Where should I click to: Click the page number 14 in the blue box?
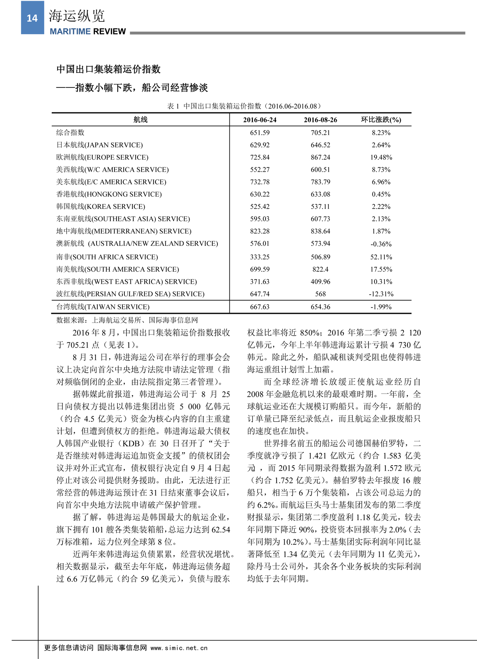pos(32,18)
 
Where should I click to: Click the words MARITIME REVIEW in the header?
pos(88,31)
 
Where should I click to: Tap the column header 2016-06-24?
pos(260,120)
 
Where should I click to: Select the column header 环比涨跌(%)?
pos(381,120)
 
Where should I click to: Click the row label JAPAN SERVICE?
pos(99,145)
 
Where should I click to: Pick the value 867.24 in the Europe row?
pos(320,157)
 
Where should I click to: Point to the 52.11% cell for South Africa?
pos(381,257)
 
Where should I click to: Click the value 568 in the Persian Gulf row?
pos(320,294)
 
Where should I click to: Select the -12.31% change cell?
pos(381,294)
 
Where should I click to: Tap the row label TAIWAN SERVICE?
pos(103,307)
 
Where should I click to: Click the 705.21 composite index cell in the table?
pos(320,133)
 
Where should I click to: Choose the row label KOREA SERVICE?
pos(101,207)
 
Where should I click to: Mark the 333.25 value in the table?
pos(260,257)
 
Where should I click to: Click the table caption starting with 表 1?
pos(244,106)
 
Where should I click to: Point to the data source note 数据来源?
pos(127,320)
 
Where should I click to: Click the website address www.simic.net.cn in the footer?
pos(179,648)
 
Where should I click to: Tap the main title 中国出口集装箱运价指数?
pos(108,69)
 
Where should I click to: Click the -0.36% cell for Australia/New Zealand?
pos(381,244)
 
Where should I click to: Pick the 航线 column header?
pos(140,120)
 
